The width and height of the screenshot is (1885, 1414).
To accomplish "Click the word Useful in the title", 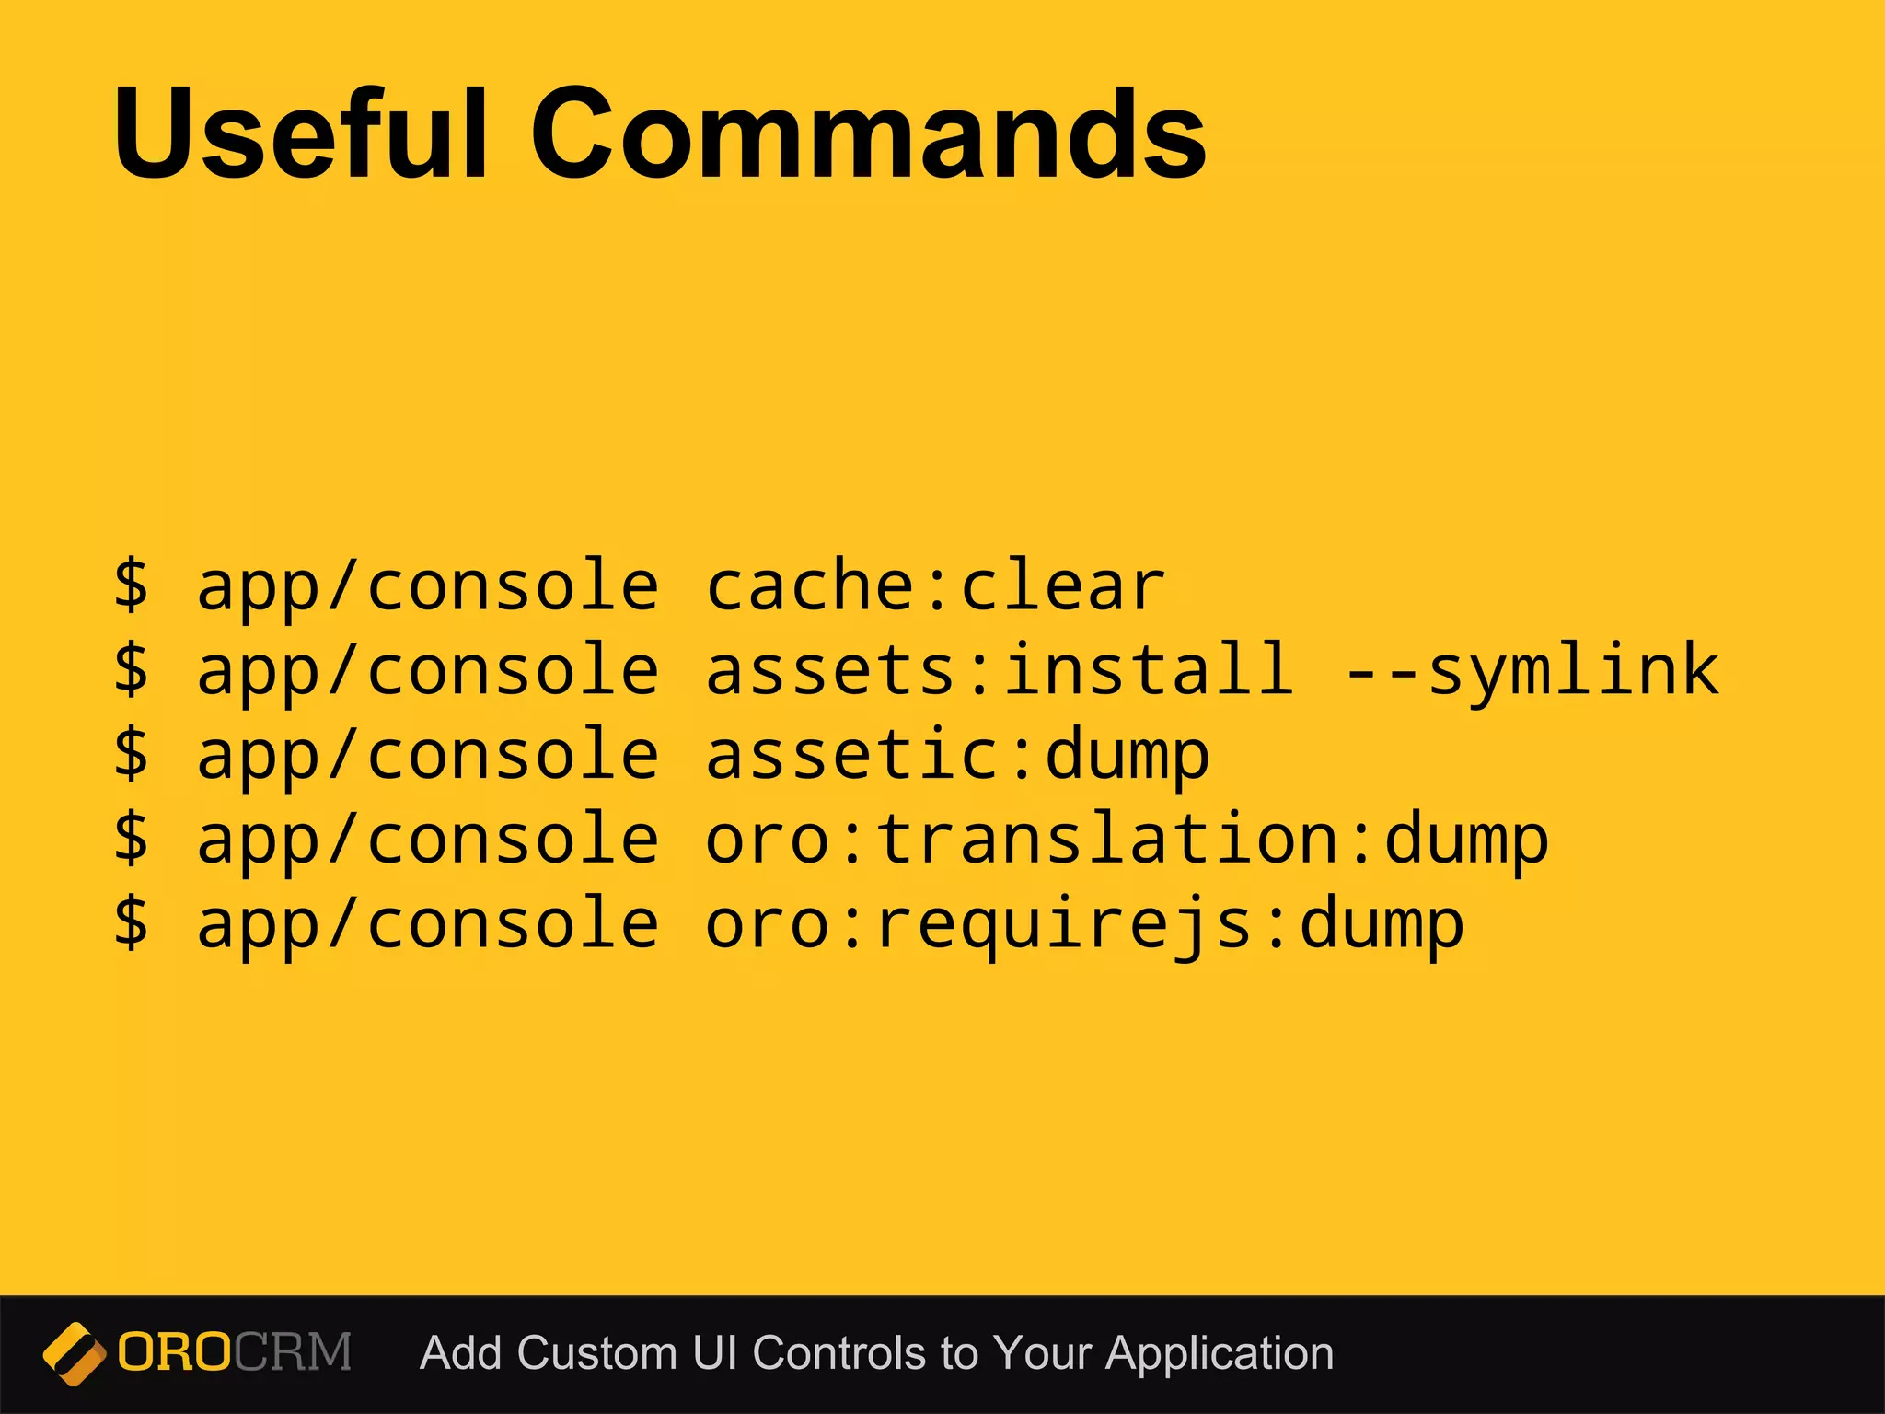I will [x=299, y=133].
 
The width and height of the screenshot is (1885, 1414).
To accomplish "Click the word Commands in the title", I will [x=868, y=133].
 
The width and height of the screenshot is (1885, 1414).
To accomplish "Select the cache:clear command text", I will [x=935, y=585].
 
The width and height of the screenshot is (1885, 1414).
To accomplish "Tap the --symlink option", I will [x=1531, y=670].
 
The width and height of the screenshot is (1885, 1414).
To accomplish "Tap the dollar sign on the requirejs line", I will [x=132, y=922].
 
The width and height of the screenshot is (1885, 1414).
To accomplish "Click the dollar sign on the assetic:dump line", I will [x=132, y=753].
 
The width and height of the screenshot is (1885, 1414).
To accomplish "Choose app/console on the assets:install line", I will [x=428, y=670].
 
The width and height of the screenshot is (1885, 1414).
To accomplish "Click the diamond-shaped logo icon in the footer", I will [x=74, y=1353].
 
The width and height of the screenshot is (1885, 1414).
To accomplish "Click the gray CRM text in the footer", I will [x=293, y=1352].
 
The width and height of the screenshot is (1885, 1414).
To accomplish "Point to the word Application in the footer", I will [x=1220, y=1354].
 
